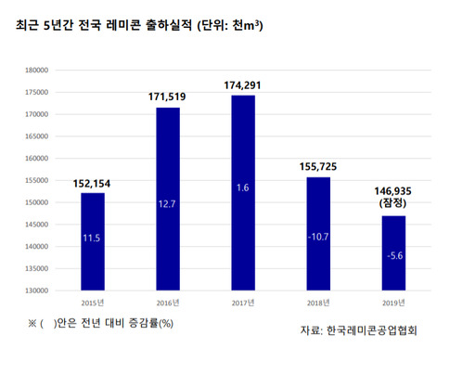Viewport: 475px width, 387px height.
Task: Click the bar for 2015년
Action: [92, 241]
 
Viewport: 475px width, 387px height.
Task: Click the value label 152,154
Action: [92, 183]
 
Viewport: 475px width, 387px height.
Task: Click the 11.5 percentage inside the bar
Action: [92, 238]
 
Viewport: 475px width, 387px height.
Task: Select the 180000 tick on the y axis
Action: [37, 70]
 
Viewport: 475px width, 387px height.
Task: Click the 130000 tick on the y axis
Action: [37, 290]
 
